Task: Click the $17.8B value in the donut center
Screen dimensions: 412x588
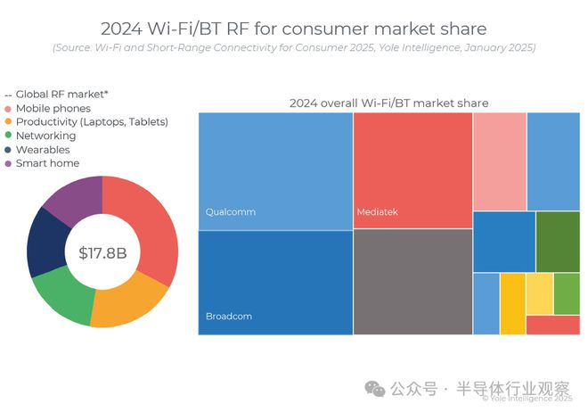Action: (102, 253)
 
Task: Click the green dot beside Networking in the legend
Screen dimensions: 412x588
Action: (9, 136)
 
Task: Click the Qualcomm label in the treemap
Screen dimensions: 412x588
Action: (231, 212)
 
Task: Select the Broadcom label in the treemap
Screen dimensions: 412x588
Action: (230, 317)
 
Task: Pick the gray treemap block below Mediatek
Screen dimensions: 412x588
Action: (412, 282)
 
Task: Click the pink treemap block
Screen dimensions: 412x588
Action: (499, 161)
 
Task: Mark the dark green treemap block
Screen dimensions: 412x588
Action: (558, 242)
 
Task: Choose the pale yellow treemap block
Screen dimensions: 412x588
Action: (539, 293)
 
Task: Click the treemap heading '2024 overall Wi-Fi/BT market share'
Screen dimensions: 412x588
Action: (388, 103)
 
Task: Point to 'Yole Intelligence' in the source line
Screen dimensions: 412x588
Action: (403, 46)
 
